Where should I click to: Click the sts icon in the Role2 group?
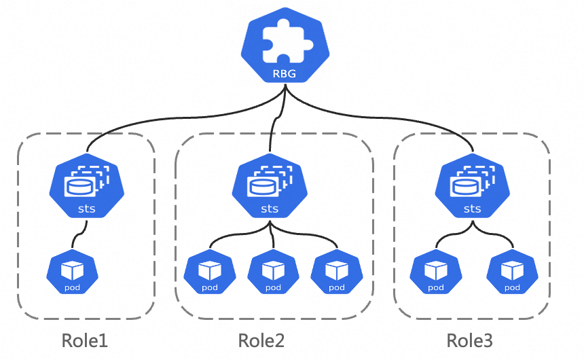[270, 185]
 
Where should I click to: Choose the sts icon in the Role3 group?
[472, 185]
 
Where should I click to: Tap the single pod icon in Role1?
[72, 274]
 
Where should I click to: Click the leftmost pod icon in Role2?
[209, 274]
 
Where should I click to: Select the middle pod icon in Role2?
[273, 274]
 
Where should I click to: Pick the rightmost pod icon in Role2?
[336, 274]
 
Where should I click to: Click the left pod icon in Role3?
[436, 274]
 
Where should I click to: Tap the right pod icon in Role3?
[512, 274]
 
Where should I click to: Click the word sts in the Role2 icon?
[270, 209]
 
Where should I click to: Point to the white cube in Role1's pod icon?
[72, 270]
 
